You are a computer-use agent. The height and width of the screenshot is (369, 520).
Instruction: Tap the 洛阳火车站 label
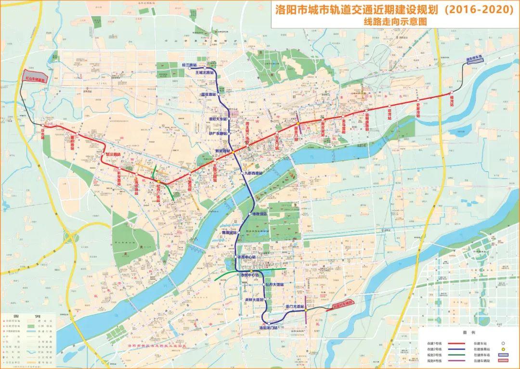pos(218,118)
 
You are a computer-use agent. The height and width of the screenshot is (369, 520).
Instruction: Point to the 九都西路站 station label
pos(254,173)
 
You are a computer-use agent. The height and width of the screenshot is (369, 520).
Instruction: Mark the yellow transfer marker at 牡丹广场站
pos(158,182)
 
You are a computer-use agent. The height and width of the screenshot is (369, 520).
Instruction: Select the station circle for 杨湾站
pos(452,93)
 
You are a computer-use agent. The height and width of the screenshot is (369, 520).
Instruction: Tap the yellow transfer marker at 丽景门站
pos(299,124)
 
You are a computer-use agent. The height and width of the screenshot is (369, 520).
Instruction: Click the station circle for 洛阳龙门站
pos(264,323)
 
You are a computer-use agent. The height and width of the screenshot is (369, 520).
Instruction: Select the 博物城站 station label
pos(230,232)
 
